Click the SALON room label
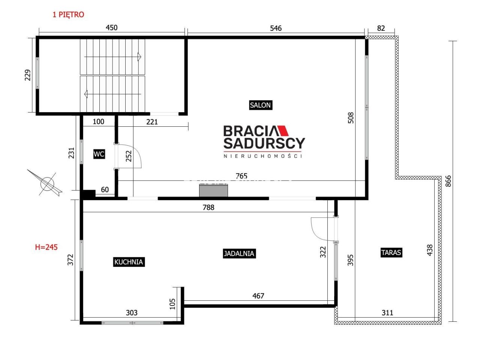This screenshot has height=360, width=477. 260,105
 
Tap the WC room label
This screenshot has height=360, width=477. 99,154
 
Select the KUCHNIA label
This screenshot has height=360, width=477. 129,262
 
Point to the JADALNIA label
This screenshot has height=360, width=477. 239,253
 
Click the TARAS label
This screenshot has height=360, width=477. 391,252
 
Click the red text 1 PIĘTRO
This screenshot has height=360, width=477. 68,15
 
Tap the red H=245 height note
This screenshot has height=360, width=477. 46,247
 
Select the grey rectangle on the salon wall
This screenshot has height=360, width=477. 213,190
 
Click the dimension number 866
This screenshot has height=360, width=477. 448,181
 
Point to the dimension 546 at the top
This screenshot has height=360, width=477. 276,28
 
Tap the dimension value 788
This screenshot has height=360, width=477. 208,207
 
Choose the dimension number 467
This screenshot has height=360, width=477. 258,296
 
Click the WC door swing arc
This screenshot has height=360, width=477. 137,152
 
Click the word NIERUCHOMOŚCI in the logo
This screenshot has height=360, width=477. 263,156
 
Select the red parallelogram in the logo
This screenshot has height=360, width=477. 283,130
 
